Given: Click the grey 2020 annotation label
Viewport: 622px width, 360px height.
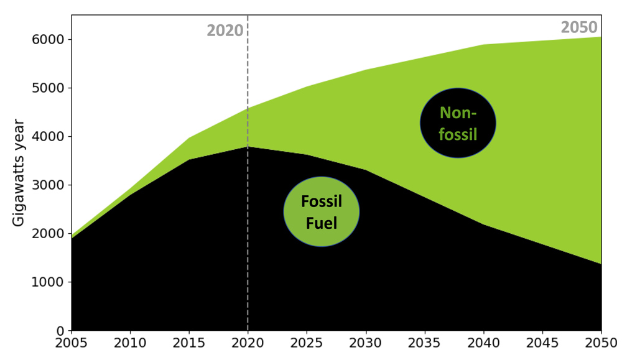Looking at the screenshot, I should click(x=225, y=30).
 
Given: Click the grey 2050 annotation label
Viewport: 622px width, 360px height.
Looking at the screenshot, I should click(x=579, y=27).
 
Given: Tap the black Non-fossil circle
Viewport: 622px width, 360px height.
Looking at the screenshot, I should click(x=458, y=122).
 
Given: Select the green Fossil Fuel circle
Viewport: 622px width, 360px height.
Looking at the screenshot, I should click(x=321, y=211).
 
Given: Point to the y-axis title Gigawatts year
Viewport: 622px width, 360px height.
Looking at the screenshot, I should click(x=19, y=174).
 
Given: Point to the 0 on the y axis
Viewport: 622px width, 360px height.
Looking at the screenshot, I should click(x=61, y=330).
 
